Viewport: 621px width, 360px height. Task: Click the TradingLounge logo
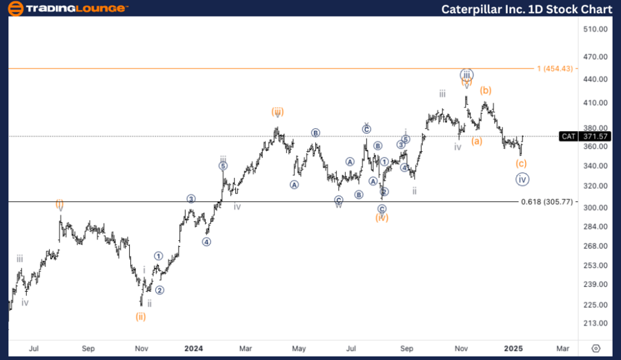point(67,8)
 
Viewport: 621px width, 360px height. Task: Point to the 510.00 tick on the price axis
point(594,30)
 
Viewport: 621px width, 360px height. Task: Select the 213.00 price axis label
point(594,323)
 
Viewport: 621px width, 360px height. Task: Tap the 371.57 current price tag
point(594,137)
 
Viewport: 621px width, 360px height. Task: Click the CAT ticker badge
point(569,137)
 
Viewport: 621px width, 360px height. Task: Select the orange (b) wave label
point(486,90)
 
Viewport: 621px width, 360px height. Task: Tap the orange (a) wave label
point(476,141)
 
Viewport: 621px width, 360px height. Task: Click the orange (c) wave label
point(521,163)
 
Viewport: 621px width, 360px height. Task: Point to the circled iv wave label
point(522,179)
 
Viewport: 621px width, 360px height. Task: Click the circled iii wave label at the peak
point(467,74)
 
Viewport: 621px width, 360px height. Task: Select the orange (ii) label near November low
point(141,317)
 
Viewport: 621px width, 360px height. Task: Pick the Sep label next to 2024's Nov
point(407,349)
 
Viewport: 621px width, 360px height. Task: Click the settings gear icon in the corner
point(596,349)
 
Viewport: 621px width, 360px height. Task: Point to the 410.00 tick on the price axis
point(594,103)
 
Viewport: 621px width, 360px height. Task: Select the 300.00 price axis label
point(594,208)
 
